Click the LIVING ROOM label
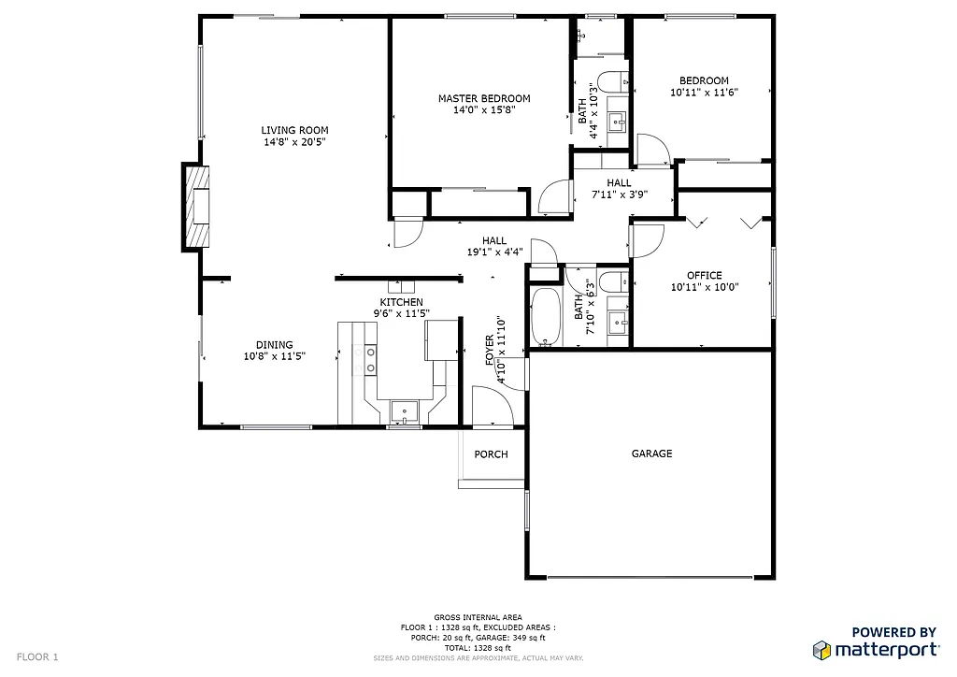point(294,130)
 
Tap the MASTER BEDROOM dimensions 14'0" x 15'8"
point(484,110)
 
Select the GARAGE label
point(651,454)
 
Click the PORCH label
point(491,454)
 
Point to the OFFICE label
point(704,275)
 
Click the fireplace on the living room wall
point(197,207)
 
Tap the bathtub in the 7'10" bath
point(546,316)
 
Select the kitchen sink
point(405,410)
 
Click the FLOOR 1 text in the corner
point(37,656)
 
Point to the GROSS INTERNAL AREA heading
point(478,618)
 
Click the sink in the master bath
point(617,120)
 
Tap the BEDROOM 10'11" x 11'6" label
point(704,87)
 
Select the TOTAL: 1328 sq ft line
point(478,648)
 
